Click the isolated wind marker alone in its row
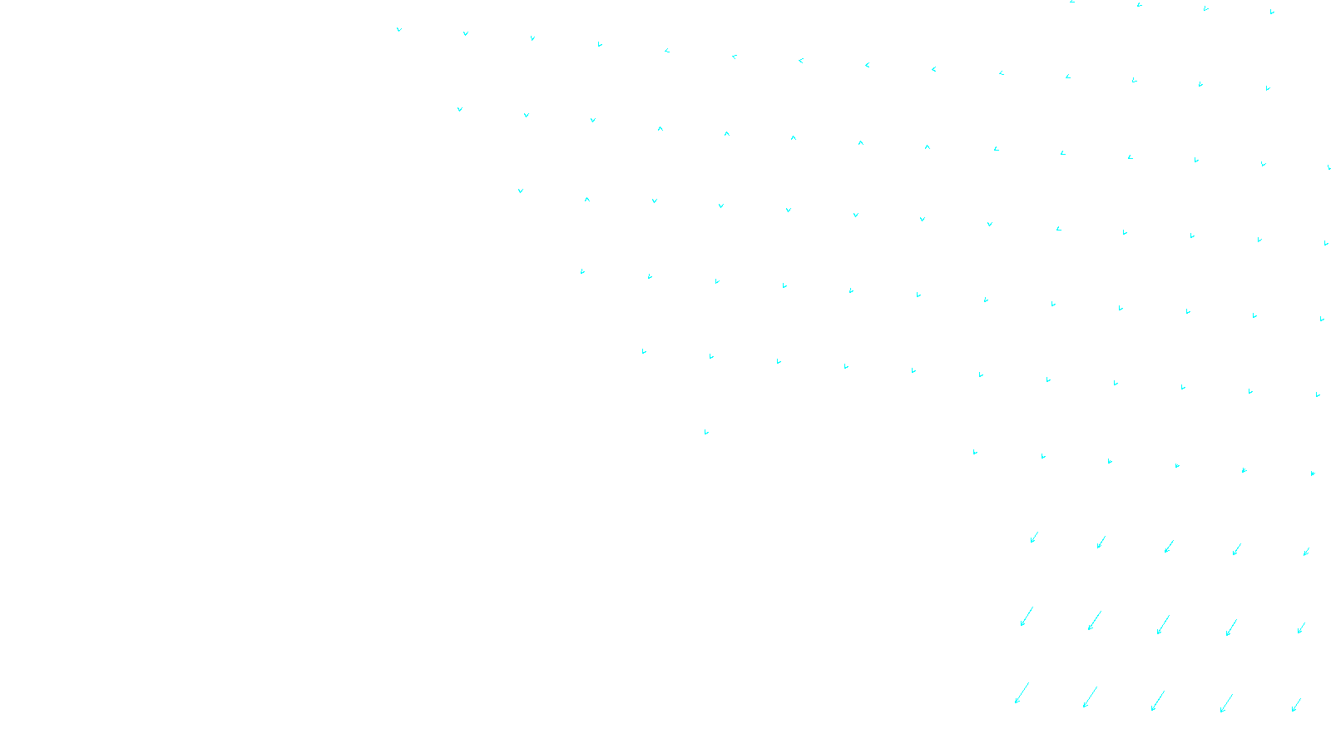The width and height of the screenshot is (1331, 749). (706, 432)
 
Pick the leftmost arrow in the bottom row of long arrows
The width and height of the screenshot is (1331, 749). (1022, 693)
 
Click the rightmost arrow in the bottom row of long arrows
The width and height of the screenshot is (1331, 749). (1296, 705)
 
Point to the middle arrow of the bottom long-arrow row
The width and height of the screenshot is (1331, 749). (1158, 701)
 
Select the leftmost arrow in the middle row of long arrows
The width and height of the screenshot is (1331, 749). (1027, 617)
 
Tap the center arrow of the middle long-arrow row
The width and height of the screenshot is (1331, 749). (1163, 625)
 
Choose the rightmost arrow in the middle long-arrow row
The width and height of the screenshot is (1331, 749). (1301, 628)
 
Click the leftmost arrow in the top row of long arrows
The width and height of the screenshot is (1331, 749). (1034, 538)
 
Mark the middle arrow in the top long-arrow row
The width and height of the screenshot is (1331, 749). (1169, 546)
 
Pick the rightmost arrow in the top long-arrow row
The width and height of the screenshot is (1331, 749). (1306, 551)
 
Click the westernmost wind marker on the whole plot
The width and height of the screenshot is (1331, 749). (399, 29)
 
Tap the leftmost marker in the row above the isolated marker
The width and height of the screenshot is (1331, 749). (644, 351)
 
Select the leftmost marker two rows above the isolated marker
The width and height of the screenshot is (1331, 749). (582, 271)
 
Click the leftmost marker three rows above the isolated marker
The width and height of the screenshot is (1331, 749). (521, 191)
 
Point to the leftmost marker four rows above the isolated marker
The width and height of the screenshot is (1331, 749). (459, 109)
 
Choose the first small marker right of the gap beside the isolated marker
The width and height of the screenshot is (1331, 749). (975, 452)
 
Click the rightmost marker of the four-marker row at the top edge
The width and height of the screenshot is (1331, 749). (1272, 12)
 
